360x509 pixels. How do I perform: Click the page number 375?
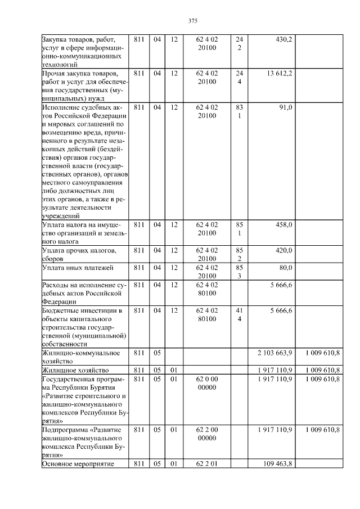pyautogui.click(x=192, y=21)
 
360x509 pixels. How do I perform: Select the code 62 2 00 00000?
pyautogui.click(x=207, y=434)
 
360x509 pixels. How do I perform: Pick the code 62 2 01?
pyautogui.click(x=207, y=463)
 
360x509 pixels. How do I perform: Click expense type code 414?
pyautogui.click(x=239, y=314)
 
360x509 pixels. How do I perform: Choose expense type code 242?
pyautogui.click(x=239, y=44)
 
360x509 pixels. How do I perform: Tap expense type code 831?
pyautogui.click(x=239, y=111)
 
